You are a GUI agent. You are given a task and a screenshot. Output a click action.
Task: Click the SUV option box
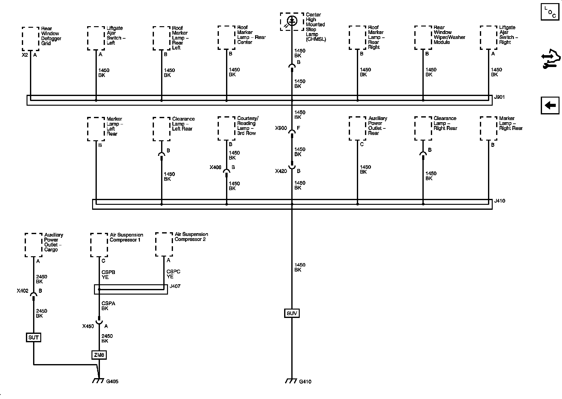click(292, 313)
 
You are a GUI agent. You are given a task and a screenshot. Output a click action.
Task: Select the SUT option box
click(33, 337)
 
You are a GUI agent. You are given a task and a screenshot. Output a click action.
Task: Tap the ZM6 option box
click(99, 355)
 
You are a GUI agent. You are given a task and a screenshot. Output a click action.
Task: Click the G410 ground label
click(305, 382)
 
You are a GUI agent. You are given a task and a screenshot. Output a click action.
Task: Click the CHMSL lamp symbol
click(292, 21)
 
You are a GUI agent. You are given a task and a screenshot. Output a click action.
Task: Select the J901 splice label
click(499, 97)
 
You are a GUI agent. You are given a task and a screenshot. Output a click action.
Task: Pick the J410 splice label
click(500, 201)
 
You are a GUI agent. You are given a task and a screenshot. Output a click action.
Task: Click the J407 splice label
click(175, 286)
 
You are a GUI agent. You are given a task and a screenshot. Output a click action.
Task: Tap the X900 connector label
click(281, 128)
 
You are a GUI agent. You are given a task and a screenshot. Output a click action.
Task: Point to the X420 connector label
click(281, 171)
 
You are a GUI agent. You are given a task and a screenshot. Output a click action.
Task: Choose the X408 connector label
click(215, 167)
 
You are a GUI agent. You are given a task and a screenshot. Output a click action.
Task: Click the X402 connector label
click(22, 291)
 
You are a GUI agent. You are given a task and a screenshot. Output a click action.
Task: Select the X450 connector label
click(88, 326)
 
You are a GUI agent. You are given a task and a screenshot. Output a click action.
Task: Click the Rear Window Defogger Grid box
click(31, 39)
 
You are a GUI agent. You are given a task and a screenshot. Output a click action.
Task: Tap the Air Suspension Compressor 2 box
click(164, 244)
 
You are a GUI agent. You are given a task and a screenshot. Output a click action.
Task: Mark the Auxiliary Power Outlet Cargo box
click(33, 245)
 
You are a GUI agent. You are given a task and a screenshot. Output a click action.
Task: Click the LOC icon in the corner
click(550, 12)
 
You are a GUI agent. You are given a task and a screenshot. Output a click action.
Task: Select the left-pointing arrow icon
click(550, 106)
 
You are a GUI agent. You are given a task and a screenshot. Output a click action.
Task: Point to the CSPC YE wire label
click(173, 274)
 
